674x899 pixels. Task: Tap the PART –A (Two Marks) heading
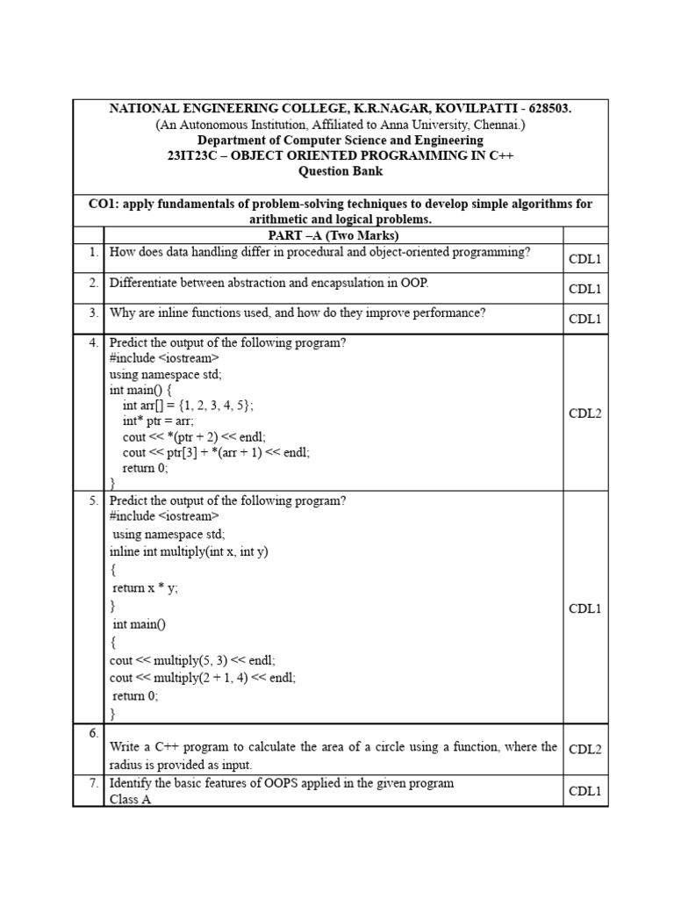point(333,235)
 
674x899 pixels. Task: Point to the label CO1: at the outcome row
point(104,204)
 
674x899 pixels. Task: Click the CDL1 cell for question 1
point(584,259)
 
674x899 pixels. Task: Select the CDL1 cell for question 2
point(584,289)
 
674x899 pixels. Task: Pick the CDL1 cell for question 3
point(584,319)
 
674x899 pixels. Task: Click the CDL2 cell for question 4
point(584,414)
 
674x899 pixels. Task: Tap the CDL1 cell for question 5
point(584,608)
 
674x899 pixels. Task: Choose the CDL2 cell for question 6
point(584,749)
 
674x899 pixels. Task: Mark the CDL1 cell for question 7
point(584,791)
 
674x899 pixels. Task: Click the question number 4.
point(92,342)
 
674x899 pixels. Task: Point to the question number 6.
point(92,733)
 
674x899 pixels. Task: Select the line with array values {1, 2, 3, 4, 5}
point(188,405)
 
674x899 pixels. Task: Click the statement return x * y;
point(145,588)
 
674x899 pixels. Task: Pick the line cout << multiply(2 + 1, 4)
point(202,678)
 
